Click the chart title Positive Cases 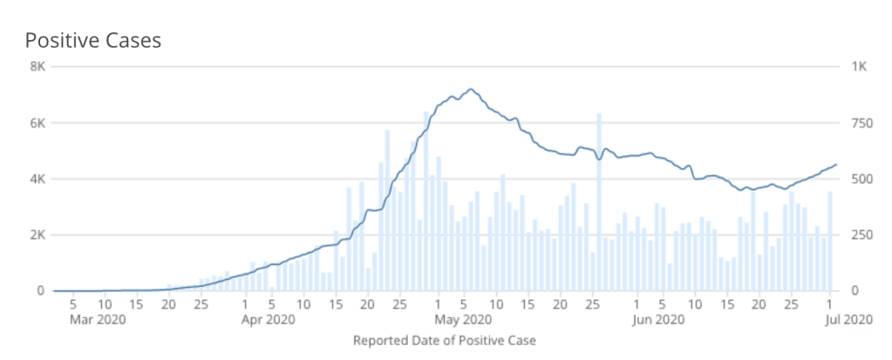(x=92, y=41)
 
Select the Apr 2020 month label (x=269, y=319)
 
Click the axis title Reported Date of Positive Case (x=444, y=340)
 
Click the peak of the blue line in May (x=471, y=89)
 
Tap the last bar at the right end (x=830, y=241)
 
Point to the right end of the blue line (x=836, y=164)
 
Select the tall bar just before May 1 (x=426, y=201)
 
